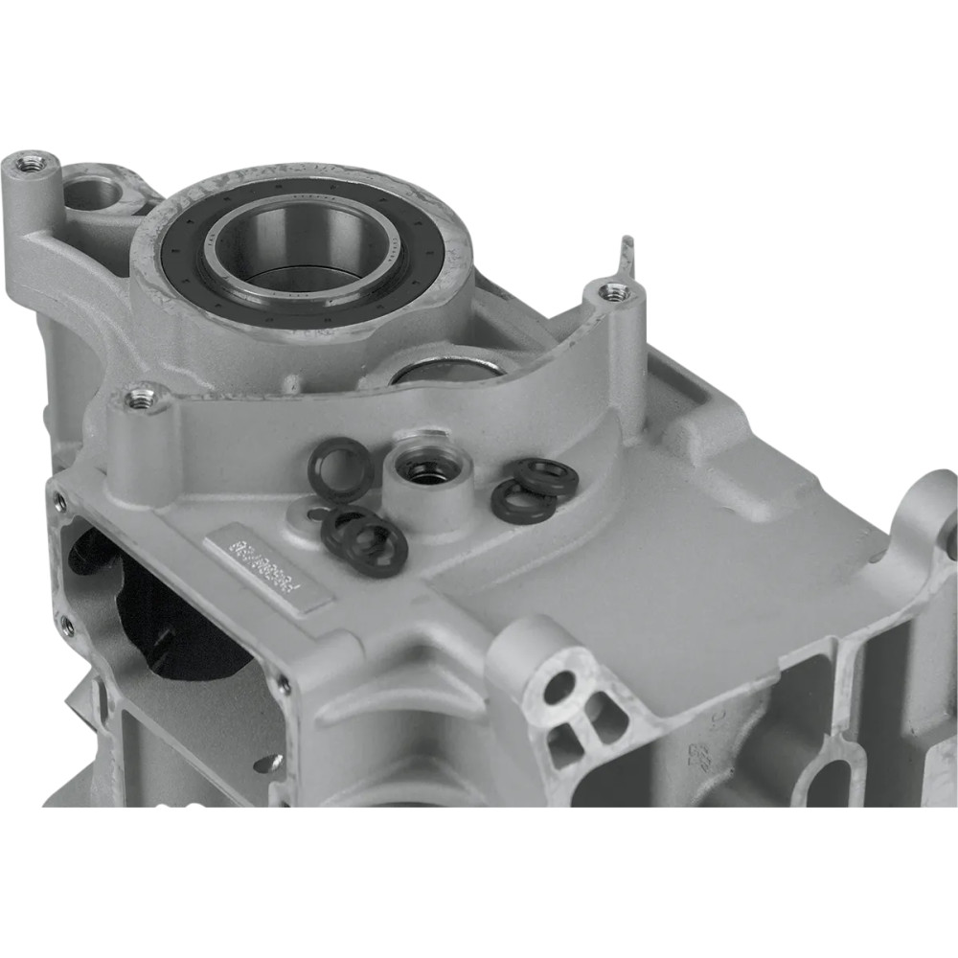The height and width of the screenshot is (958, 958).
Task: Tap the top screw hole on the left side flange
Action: pyautogui.click(x=60, y=501)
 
